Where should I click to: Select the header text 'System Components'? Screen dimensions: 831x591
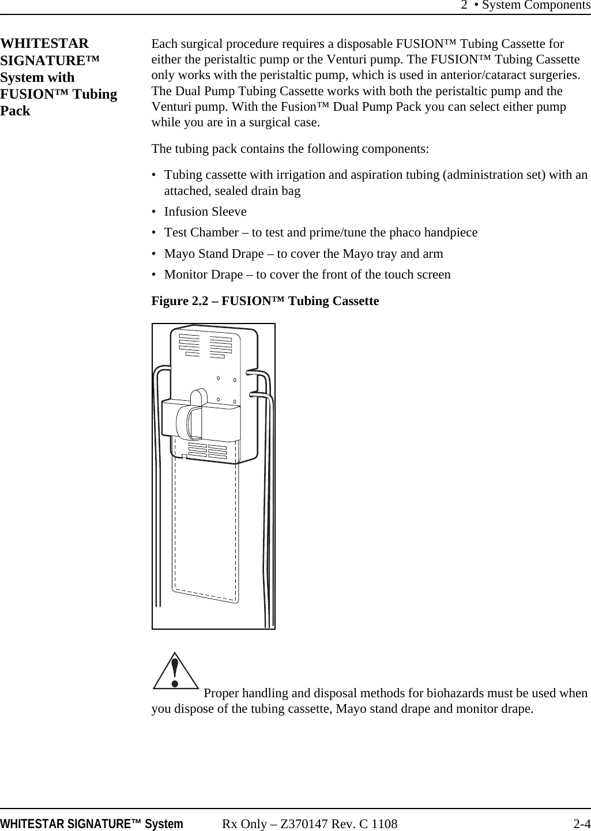[536, 6]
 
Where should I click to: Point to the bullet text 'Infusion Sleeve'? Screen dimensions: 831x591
[205, 212]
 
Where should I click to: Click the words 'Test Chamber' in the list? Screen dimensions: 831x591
[201, 232]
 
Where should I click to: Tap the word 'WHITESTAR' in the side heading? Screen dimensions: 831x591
[45, 44]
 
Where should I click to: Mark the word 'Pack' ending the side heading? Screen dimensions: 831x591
[16, 111]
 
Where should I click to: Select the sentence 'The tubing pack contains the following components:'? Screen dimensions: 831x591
[290, 149]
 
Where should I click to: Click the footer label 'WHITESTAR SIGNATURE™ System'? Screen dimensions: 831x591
[92, 824]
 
